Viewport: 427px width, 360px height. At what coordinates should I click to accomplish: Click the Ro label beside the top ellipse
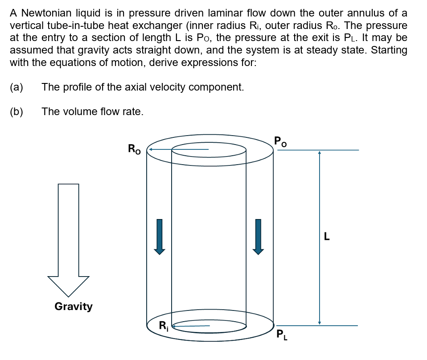point(134,149)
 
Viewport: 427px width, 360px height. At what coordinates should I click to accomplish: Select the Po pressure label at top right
point(281,142)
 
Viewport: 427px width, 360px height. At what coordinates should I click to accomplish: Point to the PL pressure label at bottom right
point(282,334)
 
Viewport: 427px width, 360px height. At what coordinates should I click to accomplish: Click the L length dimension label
point(327,237)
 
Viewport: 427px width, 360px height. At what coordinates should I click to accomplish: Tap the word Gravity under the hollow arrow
point(74,306)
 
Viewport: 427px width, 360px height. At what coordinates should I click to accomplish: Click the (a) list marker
point(16,87)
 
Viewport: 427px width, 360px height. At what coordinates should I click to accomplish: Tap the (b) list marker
point(16,112)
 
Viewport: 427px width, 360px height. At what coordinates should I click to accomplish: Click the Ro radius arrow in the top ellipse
point(178,149)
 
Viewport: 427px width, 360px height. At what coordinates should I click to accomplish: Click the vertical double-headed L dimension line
point(319,237)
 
